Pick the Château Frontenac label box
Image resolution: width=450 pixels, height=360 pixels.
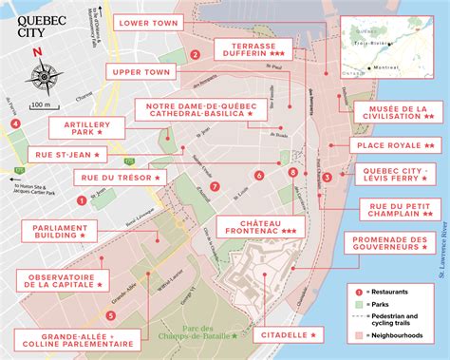256,225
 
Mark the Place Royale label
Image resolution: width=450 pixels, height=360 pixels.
393,144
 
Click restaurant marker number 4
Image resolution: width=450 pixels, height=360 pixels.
15,123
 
